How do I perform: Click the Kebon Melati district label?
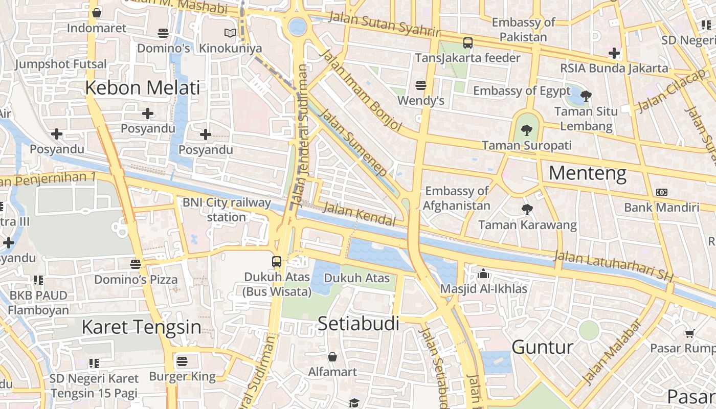coord(142,88)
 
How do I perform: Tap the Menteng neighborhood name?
coord(587,174)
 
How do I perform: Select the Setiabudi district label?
coord(358,323)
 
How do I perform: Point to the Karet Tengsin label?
coord(141,327)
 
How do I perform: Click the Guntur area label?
coord(542,347)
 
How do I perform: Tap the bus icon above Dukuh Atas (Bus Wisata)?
coord(277,262)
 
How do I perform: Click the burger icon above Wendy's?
coord(421,85)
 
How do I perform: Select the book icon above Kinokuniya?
coord(230,33)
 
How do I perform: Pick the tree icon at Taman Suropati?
coord(526,130)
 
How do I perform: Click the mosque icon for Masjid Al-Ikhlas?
coord(483,274)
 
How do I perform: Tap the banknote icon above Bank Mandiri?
coord(661,192)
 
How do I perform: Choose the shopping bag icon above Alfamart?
coord(332,356)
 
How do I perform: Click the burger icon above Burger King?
coord(182,361)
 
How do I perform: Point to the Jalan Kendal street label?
coord(360,214)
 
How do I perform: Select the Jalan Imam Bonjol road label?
coord(361,90)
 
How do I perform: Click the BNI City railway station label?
coord(227,210)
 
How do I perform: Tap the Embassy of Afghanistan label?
coord(457,198)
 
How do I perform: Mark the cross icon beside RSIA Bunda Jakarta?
coord(614,53)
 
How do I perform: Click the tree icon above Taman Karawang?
coord(527,209)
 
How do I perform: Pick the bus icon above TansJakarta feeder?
coord(467,42)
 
